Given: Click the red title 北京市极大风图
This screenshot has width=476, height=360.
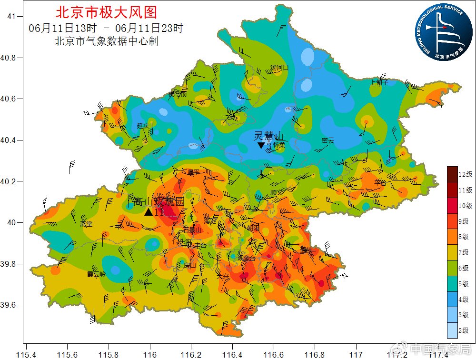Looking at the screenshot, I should pyautogui.click(x=106, y=12).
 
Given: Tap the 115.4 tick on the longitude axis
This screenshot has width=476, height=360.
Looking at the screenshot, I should pyautogui.click(x=26, y=354).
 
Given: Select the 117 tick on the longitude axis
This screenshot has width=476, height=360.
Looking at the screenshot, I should pyautogui.click(x=356, y=354).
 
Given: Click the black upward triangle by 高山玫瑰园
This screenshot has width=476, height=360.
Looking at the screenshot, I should pyautogui.click(x=149, y=212).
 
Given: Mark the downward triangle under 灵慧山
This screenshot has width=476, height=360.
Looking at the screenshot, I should pyautogui.click(x=261, y=145).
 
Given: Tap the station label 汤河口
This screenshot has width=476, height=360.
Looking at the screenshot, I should pyautogui.click(x=279, y=68).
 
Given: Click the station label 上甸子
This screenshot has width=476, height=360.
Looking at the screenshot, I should pyautogui.click(x=379, y=82).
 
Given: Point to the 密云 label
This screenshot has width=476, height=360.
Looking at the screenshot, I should pyautogui.click(x=328, y=140).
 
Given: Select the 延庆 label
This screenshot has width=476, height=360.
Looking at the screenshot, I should pyautogui.click(x=143, y=126).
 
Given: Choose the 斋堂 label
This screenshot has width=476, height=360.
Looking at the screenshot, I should pyautogui.click(x=86, y=223).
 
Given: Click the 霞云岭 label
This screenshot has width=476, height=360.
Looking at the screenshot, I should pyautogui.click(x=97, y=274).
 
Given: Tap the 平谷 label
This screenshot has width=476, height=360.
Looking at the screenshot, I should pyautogui.click(x=380, y=182).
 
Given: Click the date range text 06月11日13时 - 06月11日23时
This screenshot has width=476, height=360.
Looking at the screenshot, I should pyautogui.click(x=106, y=28).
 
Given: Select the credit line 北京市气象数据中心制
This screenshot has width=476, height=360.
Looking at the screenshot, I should pyautogui.click(x=107, y=41).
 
